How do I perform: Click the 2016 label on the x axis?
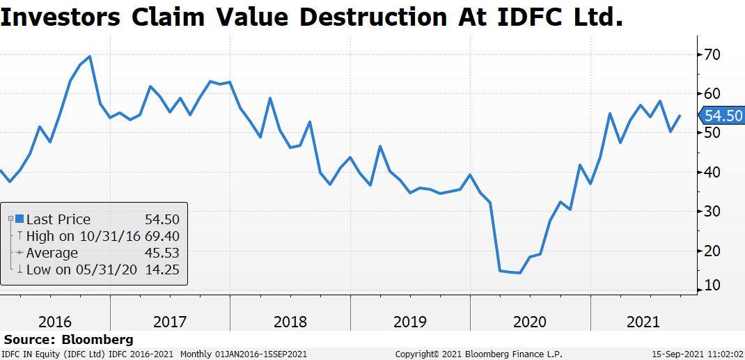[55, 322]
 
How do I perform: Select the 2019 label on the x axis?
[410, 322]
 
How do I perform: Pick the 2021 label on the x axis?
[643, 322]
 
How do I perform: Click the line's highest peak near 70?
[91, 56]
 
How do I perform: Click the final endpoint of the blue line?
[680, 116]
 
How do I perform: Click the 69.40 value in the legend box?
[162, 236]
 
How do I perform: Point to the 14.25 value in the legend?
[162, 269]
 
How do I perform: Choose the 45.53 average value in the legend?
[162, 253]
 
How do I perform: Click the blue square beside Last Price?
[19, 219]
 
